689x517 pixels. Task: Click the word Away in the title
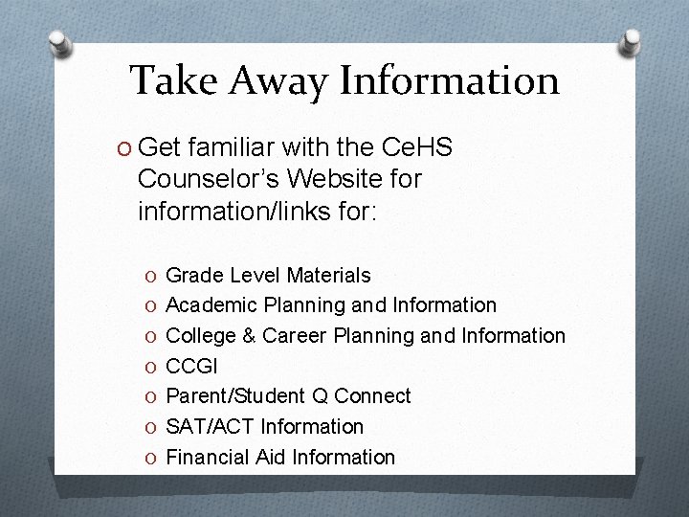pos(278,80)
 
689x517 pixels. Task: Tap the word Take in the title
pos(174,80)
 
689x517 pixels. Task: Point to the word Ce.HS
pos(417,148)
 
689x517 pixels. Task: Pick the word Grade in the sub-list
pos(193,276)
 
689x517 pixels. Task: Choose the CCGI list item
pos(191,366)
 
